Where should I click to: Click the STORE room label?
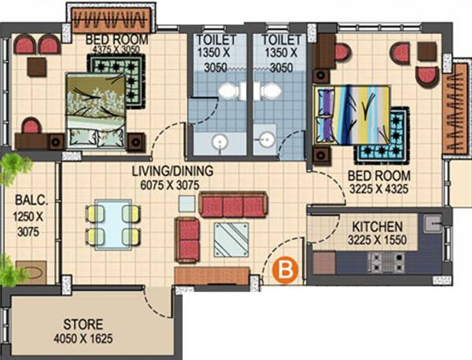click(83, 324)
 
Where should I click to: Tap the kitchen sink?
click(431, 224)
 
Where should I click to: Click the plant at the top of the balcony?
click(13, 167)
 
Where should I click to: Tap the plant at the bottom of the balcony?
click(11, 272)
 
